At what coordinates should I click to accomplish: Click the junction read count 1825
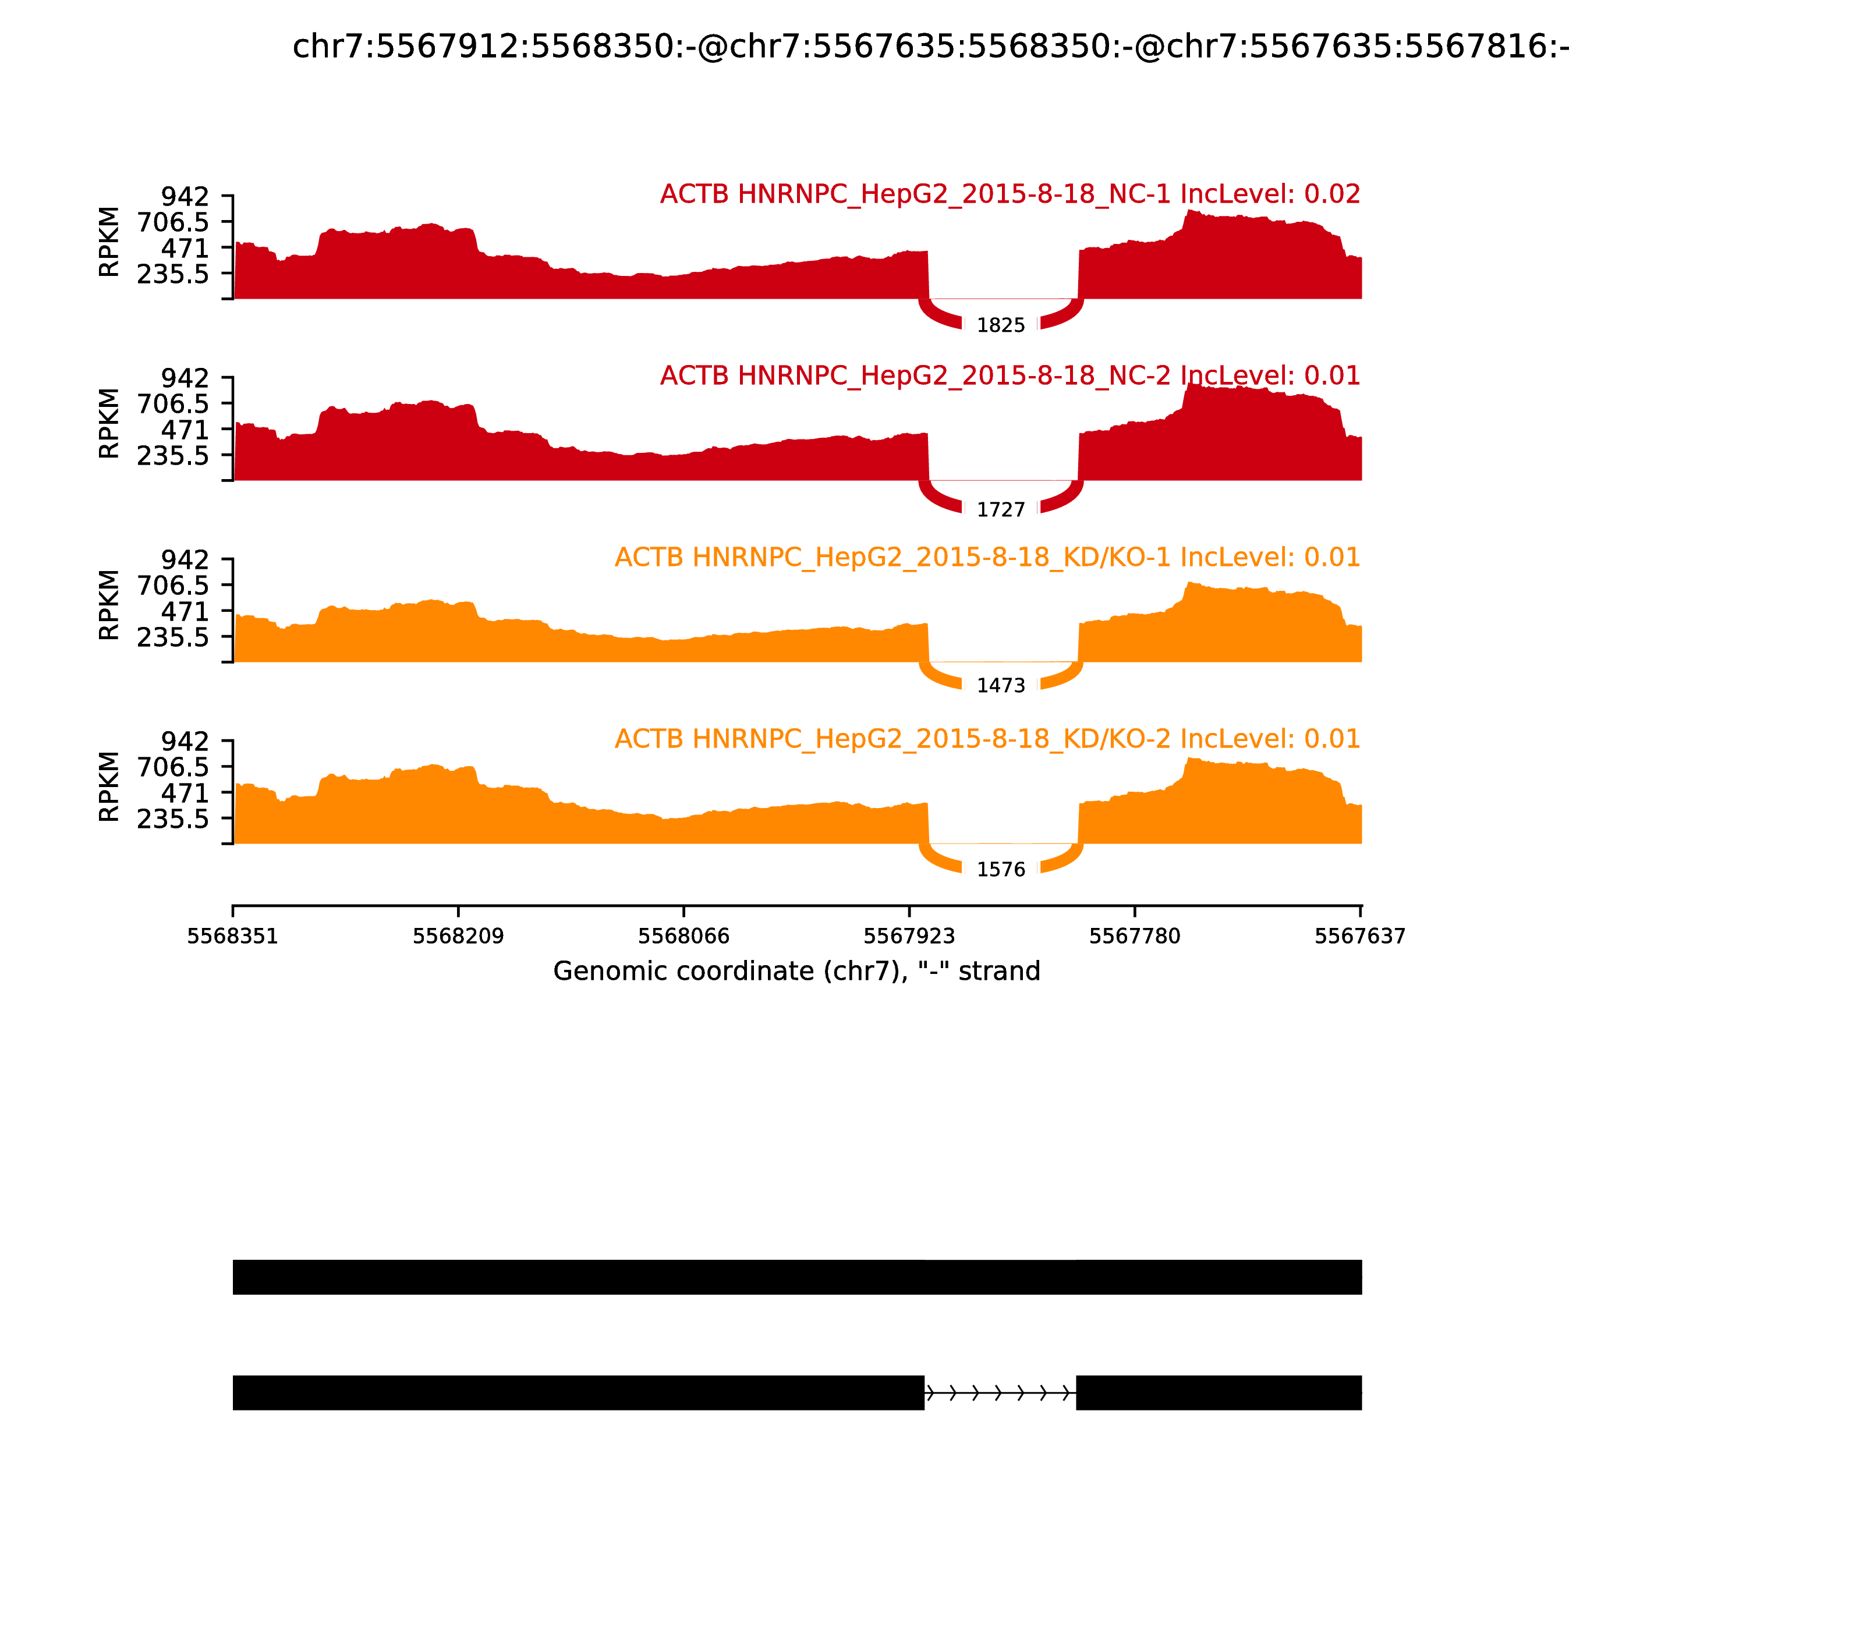pos(1001,325)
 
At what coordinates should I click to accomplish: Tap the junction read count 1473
pos(1001,686)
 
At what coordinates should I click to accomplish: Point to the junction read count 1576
pos(1001,870)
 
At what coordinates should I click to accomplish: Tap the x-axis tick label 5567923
pos(909,936)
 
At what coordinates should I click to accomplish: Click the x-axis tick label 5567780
pos(1134,936)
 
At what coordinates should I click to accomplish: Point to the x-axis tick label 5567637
pos(1360,936)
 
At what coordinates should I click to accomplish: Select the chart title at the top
pos(930,47)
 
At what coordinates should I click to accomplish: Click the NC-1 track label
pos(1010,194)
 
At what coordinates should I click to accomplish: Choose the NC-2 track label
pos(1010,375)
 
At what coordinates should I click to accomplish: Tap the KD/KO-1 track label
pos(987,557)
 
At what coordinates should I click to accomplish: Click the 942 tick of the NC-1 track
pos(185,196)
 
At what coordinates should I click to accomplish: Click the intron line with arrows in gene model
pos(1000,1392)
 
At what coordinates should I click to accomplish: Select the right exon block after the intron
pos(1219,1392)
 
